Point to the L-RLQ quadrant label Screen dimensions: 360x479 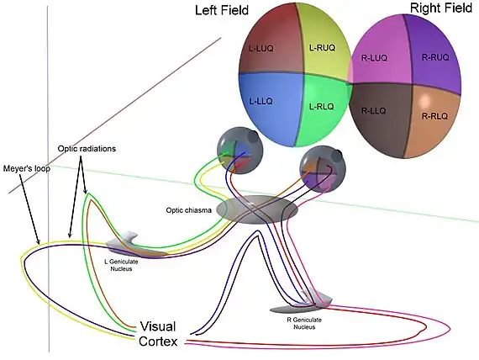[323, 106]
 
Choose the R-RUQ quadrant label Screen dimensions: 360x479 [435, 57]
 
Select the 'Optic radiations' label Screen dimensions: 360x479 [86, 149]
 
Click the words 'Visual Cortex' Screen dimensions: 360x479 [158, 333]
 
